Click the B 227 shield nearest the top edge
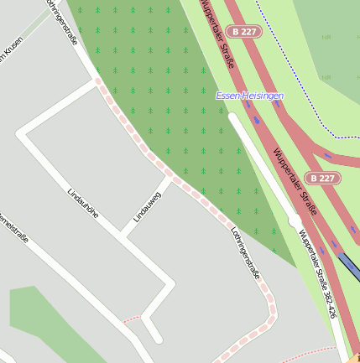click(x=243, y=31)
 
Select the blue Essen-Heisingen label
click(x=249, y=96)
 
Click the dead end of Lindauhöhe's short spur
click(x=157, y=339)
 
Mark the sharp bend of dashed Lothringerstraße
click(x=269, y=314)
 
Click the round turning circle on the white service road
click(x=295, y=220)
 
